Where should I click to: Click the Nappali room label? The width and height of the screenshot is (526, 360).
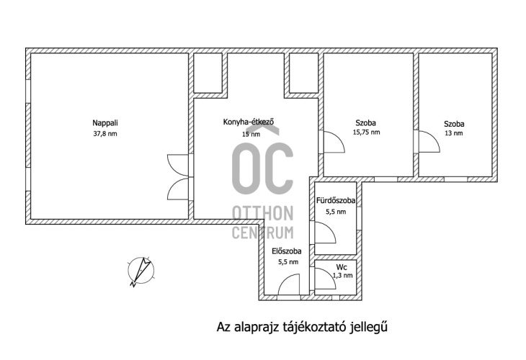[105, 123]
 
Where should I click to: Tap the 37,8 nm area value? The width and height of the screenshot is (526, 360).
[105, 134]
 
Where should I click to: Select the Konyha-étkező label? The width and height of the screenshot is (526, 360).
[249, 122]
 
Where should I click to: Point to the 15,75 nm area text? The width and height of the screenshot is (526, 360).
[366, 132]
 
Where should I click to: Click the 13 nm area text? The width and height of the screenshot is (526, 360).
[453, 133]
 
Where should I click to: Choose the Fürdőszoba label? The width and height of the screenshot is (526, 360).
[336, 201]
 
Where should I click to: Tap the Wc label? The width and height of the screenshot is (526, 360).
[342, 268]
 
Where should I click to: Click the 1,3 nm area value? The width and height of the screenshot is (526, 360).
[342, 276]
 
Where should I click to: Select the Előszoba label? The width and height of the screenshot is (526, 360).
[287, 251]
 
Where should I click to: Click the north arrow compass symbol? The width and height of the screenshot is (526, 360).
[141, 271]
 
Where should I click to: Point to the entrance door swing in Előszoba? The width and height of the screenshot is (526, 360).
[289, 284]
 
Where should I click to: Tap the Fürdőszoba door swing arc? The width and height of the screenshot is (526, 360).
[326, 233]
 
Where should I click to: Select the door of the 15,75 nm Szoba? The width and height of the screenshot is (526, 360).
[334, 142]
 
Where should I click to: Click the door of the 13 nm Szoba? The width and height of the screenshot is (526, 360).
[429, 141]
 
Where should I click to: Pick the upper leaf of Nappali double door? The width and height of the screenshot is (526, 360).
[178, 165]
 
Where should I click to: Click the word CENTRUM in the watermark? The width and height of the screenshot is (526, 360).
[263, 233]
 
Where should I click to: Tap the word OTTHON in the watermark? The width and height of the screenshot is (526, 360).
[263, 214]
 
